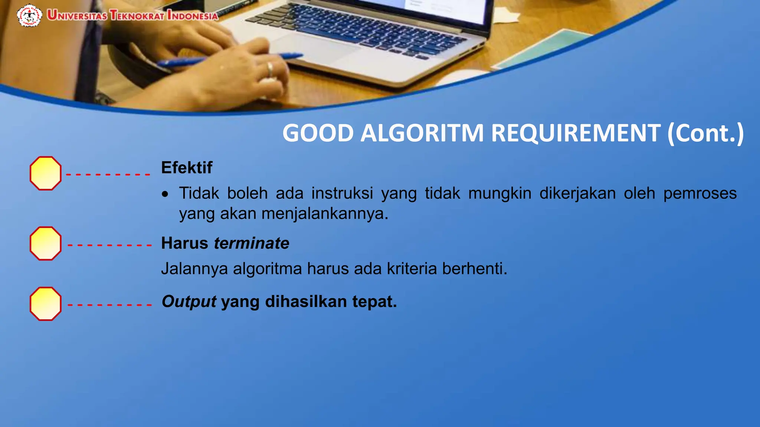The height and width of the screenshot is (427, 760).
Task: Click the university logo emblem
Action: pos(29,16)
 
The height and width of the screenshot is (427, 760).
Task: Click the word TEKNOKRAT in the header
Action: pos(137,16)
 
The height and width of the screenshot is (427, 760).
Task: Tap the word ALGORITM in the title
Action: pos(422,133)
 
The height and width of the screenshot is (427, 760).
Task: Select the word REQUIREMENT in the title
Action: pos(576,133)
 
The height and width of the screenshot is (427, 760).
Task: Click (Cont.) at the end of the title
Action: pos(705,133)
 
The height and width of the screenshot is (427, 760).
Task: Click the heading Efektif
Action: pos(187,168)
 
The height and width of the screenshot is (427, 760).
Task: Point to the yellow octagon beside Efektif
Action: pos(46,173)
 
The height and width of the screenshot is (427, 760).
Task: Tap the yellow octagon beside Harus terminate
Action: pos(46,244)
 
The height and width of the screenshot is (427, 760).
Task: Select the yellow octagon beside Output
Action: pos(46,304)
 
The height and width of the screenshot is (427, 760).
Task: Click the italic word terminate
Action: pos(252,244)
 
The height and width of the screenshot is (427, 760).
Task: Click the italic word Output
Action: pos(189,302)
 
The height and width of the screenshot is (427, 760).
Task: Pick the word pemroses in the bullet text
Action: pos(700,193)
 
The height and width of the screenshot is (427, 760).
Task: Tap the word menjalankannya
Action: pos(325,214)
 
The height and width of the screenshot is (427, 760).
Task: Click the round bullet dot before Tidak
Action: pos(165,194)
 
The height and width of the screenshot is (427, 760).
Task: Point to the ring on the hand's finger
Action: pos(270,69)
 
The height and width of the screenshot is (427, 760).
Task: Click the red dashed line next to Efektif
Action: pos(108,174)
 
